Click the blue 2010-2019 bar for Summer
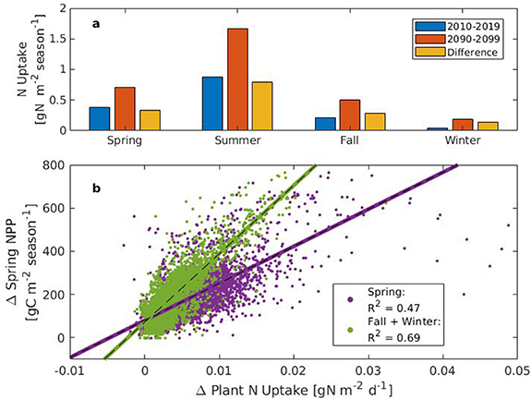(211, 103)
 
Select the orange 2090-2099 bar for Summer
(236, 79)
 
